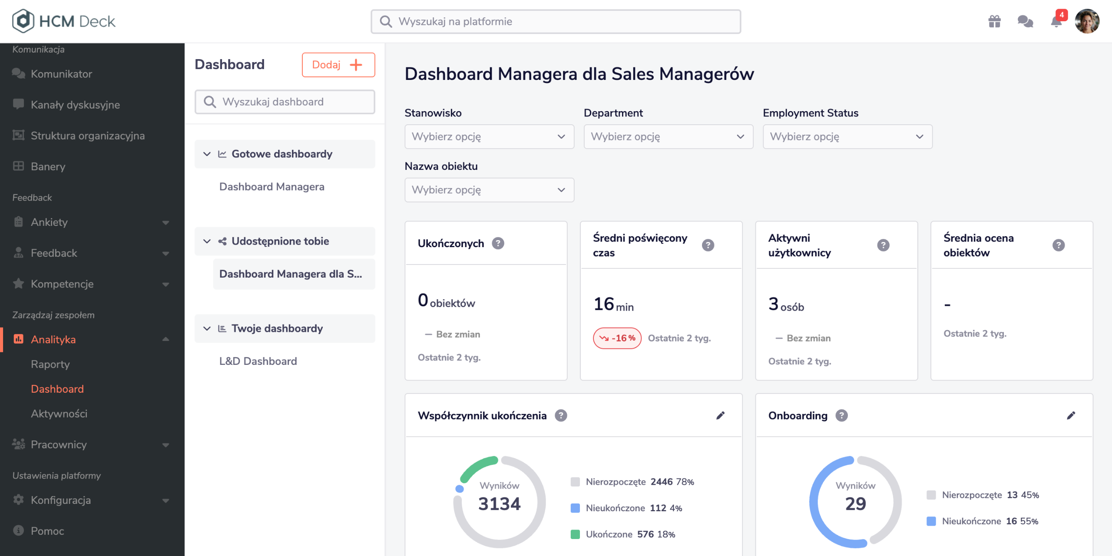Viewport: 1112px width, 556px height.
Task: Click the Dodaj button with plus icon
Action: click(338, 65)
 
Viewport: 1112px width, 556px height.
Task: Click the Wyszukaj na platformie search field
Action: click(556, 21)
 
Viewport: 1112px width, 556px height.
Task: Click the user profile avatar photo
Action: click(1087, 21)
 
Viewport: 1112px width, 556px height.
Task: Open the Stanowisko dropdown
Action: click(489, 136)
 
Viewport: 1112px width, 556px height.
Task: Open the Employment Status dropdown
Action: click(847, 136)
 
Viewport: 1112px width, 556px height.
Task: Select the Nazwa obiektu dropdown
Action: click(489, 190)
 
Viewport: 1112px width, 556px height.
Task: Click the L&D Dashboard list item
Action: click(258, 361)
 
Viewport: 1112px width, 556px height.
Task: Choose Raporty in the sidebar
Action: click(50, 364)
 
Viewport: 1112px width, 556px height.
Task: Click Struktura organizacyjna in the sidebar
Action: click(88, 136)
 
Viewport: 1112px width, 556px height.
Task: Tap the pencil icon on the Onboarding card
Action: click(1071, 416)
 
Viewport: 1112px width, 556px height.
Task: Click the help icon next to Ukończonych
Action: click(498, 243)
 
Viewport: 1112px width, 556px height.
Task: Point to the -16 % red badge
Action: click(617, 338)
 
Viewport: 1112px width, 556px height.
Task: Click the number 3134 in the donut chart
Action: click(500, 504)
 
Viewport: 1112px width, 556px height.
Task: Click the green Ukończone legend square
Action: click(575, 534)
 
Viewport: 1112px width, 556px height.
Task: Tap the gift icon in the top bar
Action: click(995, 21)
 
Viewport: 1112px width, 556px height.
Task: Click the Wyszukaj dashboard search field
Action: click(285, 102)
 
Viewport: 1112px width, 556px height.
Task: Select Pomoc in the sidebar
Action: click(47, 531)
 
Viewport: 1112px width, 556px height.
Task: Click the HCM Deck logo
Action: click(63, 21)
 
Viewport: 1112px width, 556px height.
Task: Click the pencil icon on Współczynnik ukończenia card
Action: click(721, 416)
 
